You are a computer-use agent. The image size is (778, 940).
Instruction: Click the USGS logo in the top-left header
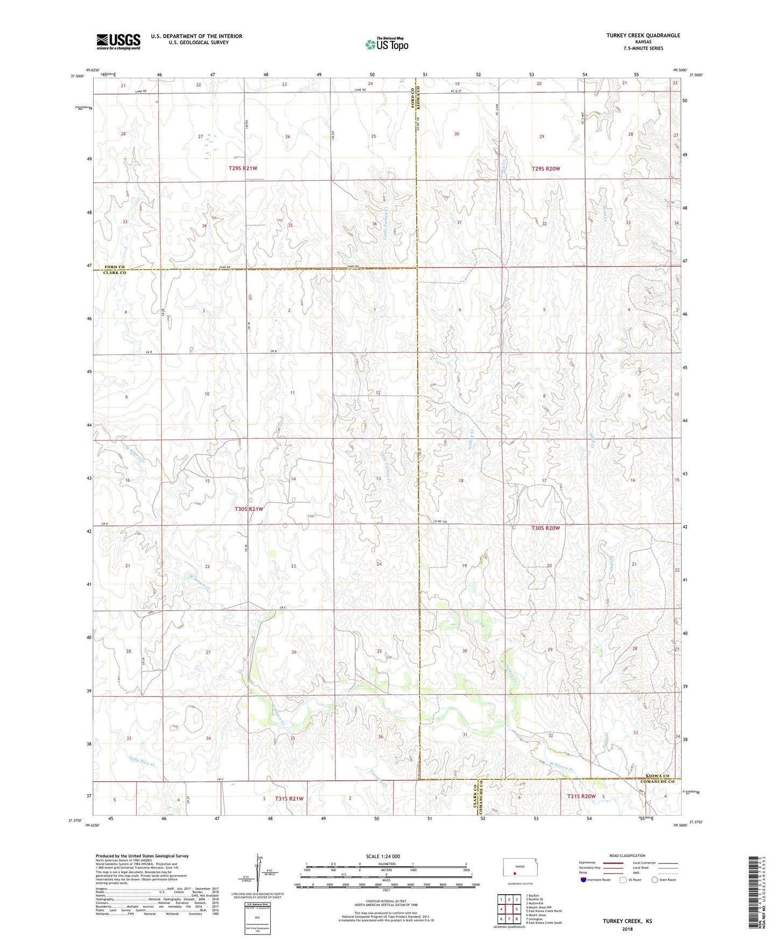[118, 41]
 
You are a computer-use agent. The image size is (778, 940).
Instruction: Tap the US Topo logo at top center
[386, 45]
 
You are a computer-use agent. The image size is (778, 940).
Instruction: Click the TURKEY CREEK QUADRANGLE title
[643, 36]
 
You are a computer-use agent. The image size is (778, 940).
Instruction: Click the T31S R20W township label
[581, 796]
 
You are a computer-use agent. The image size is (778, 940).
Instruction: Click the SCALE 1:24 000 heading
[383, 856]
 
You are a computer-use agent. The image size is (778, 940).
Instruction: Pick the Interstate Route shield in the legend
[584, 880]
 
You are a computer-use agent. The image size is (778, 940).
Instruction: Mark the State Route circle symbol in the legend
[655, 880]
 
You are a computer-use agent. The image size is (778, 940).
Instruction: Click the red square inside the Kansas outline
[514, 874]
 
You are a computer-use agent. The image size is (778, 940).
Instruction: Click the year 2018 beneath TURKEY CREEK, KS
[627, 929]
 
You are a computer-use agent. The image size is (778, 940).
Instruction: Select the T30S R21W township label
[249, 509]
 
